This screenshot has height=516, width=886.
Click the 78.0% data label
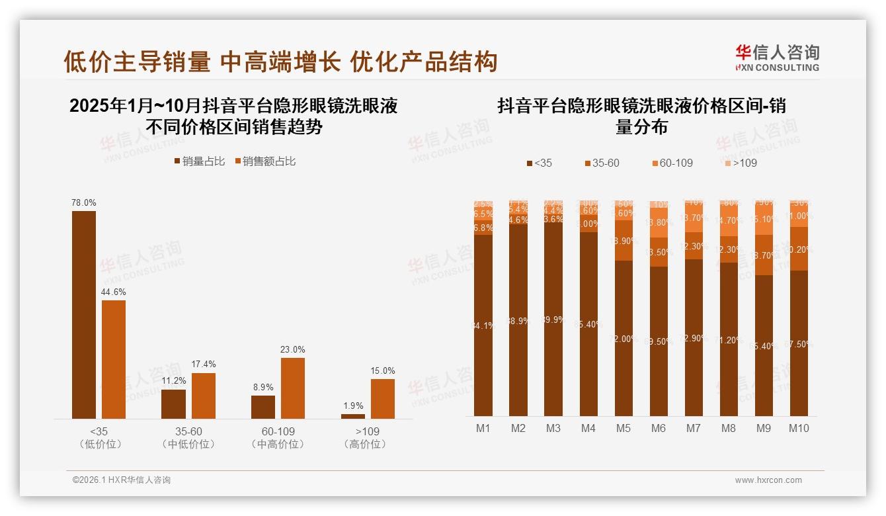pos(84,203)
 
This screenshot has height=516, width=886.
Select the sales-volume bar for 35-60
pos(173,404)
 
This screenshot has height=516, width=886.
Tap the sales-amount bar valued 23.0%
pos(293,388)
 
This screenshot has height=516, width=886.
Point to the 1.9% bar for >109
pos(353,416)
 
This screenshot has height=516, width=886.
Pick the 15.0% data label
pos(383,370)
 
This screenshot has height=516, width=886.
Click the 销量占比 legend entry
pos(200,161)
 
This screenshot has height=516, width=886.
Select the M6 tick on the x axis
pos(658,428)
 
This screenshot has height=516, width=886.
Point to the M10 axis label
pos(799,428)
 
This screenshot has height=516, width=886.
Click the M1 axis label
pos(483,428)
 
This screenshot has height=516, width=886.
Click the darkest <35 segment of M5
pos(624,337)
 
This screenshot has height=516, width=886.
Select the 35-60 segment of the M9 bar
pos(764,255)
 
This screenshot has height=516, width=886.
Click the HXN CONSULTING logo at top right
pos(778,58)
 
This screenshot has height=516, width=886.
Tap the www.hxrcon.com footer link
pos(768,480)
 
